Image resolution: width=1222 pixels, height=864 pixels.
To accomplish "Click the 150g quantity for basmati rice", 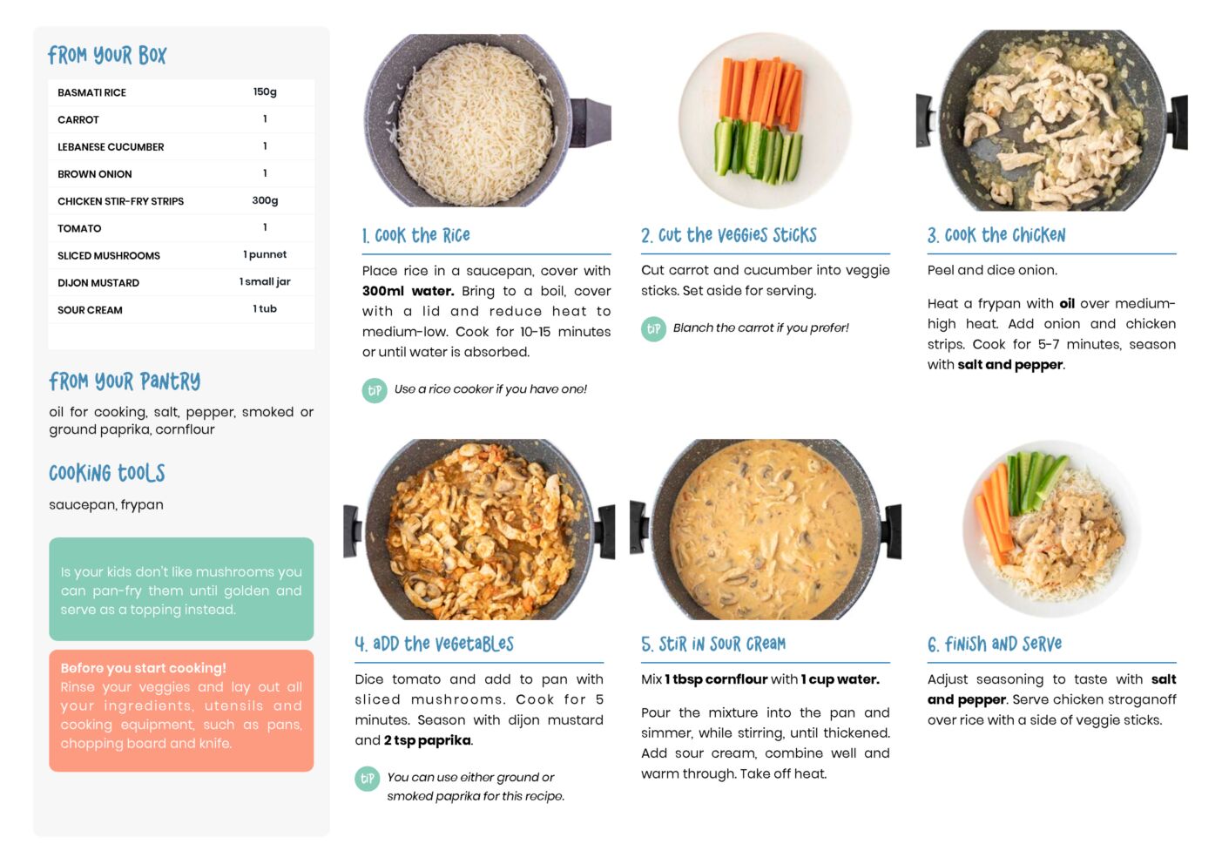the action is (265, 91).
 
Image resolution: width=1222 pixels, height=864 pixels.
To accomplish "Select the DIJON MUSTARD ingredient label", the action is (98, 282).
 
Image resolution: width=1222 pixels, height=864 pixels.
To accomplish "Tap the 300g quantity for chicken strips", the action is (265, 200).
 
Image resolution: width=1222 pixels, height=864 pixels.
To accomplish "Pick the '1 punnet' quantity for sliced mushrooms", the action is (265, 254).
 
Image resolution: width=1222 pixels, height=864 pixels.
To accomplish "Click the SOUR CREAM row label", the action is (90, 310).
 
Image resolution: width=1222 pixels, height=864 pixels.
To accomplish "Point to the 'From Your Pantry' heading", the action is (125, 381).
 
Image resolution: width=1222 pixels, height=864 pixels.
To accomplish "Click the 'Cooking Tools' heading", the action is (107, 473).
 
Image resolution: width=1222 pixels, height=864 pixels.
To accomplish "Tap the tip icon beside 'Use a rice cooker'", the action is (375, 390).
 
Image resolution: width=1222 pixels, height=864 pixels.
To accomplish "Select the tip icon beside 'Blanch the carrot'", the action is (653, 329).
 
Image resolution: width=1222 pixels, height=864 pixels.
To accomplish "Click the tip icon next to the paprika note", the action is (368, 779).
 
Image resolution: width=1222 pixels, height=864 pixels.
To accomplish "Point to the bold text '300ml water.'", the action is (408, 291).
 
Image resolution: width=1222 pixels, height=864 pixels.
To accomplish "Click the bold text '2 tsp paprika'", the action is (427, 740).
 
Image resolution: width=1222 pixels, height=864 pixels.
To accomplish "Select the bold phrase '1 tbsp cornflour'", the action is (716, 679).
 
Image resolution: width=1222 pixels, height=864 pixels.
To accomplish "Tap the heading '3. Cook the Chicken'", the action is (996, 235).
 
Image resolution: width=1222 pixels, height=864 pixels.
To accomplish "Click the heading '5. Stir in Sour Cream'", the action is (713, 644).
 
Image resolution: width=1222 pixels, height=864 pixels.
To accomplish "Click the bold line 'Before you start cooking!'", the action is (143, 668).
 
